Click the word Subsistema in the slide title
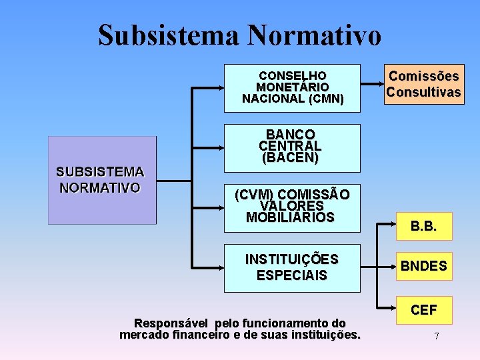[x=169, y=35]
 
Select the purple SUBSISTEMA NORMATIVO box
[x=102, y=180]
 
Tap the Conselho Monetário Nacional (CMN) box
[x=292, y=87]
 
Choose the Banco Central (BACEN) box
[x=292, y=147]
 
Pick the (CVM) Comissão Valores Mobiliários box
[x=292, y=205]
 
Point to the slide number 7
[x=436, y=336]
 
